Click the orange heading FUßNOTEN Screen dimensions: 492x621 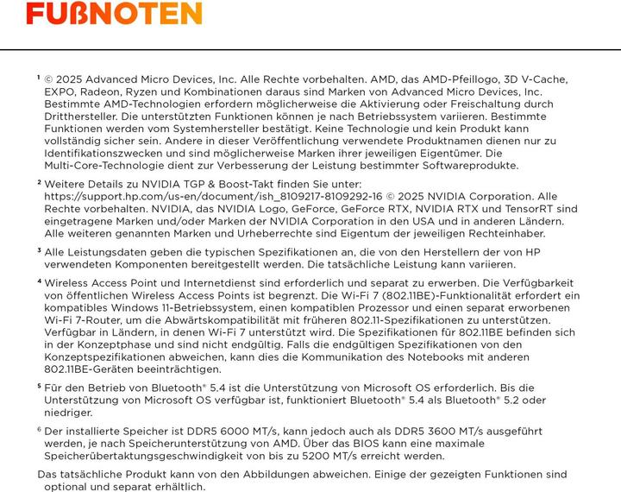click(115, 14)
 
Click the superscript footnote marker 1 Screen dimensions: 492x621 click(39, 78)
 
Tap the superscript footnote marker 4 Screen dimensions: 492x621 click(39, 281)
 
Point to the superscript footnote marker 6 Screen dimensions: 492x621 click(39, 428)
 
